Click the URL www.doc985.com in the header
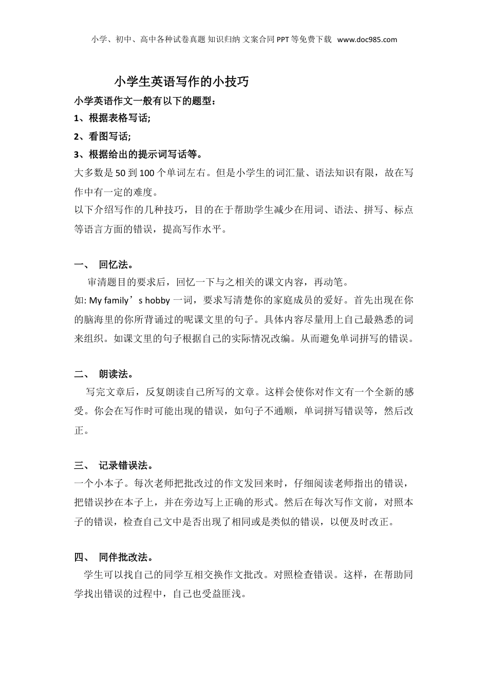(367, 40)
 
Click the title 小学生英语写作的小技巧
(181, 81)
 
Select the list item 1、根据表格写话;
(112, 118)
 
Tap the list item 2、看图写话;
(103, 136)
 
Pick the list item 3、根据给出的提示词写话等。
(138, 154)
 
